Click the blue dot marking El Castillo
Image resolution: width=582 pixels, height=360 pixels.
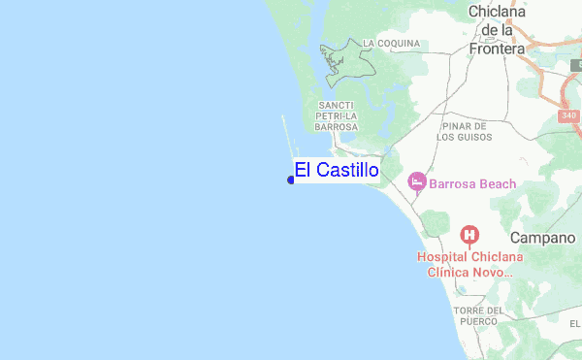291,180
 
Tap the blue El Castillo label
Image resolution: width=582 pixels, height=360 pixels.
337,170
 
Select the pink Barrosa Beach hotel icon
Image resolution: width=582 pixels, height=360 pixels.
417,181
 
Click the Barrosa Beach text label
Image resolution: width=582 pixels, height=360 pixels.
473,183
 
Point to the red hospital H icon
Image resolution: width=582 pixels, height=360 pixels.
470,234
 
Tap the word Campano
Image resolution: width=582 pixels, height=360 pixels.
543,238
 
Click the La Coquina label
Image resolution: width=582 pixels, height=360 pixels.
391,44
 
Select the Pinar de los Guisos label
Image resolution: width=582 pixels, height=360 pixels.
467,132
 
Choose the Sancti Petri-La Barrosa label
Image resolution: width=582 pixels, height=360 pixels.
337,115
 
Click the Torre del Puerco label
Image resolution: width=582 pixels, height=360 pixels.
479,316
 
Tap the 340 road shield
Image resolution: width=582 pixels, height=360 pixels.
569,115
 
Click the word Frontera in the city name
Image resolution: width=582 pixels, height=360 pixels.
496,48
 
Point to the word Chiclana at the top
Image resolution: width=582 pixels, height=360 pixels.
496,12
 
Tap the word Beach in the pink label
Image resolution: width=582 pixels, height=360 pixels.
496,183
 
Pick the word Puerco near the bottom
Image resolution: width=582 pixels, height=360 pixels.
479,322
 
